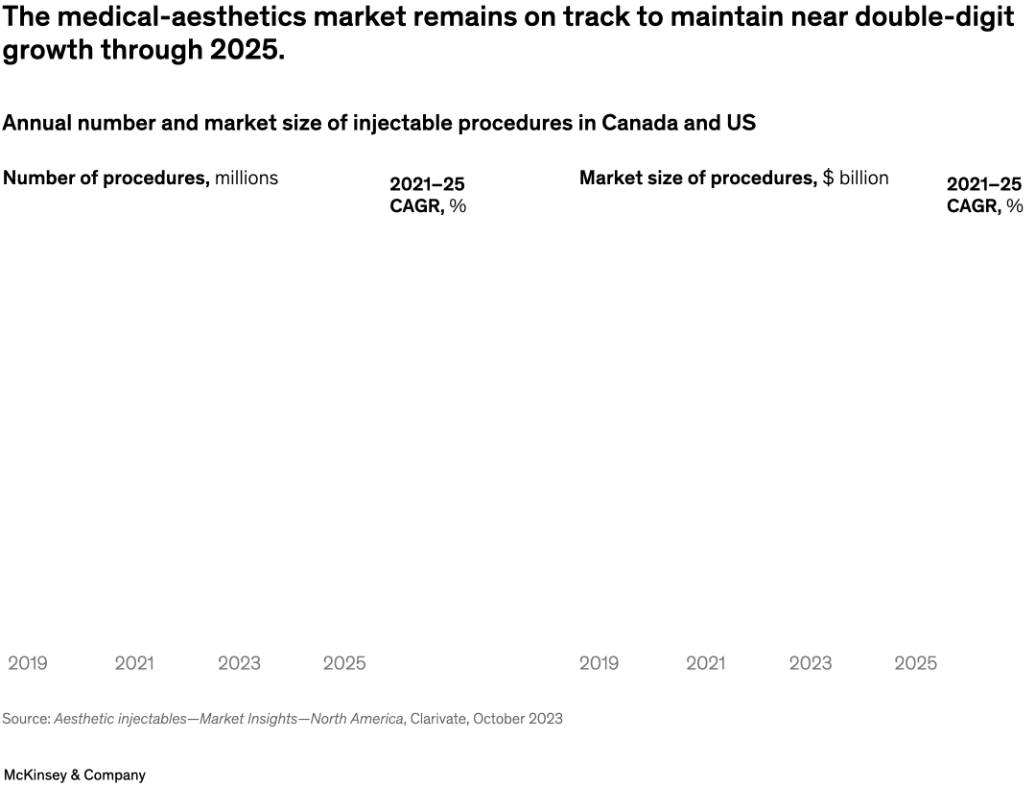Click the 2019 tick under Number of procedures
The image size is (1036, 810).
(x=28, y=663)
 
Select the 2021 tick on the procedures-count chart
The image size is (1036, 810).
(x=134, y=663)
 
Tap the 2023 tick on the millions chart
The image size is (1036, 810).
(x=239, y=663)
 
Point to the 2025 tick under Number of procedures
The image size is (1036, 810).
(x=344, y=663)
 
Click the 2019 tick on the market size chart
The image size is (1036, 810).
(x=599, y=663)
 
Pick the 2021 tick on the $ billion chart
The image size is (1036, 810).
(x=705, y=663)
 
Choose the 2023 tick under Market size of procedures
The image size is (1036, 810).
(x=811, y=663)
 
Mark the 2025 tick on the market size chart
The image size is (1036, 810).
(x=915, y=663)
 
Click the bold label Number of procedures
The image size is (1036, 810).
(x=106, y=179)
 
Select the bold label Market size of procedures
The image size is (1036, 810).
(x=697, y=179)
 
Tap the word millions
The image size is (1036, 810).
(x=247, y=179)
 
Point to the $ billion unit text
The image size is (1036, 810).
(x=856, y=179)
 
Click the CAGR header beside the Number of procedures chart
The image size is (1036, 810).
(x=428, y=195)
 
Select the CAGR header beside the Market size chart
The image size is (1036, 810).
(x=984, y=195)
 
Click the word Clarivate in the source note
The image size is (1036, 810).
(x=437, y=719)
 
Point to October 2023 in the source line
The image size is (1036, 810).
(x=518, y=719)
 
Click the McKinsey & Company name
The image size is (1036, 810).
(x=75, y=774)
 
